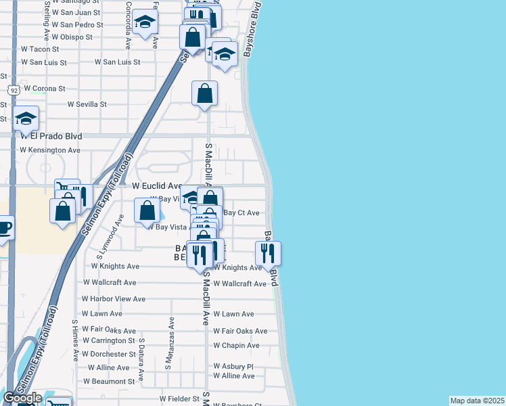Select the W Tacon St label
tap(41, 49)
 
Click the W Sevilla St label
tap(87, 104)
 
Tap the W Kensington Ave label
tap(50, 150)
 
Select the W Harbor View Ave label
tap(114, 298)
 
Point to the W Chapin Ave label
tap(236, 345)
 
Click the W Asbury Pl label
tap(233, 366)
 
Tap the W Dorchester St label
tap(109, 354)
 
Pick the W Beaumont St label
tap(109, 382)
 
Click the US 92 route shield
tap(13, 89)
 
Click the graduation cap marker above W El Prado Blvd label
tap(26, 119)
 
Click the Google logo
tap(22, 398)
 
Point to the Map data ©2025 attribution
tap(477, 401)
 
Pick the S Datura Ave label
tap(141, 359)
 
